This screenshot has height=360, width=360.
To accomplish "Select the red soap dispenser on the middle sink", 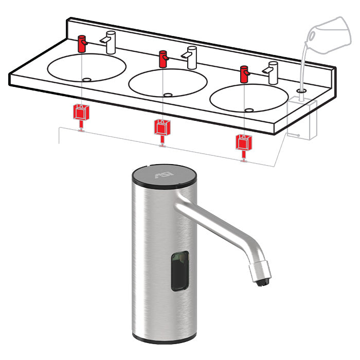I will (163, 59).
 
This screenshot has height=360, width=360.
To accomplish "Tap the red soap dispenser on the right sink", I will (244, 74).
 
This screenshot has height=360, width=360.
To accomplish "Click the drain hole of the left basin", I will (86, 80).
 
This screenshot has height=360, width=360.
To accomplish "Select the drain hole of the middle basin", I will (168, 95).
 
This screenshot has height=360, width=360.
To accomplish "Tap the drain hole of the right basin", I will (249, 110).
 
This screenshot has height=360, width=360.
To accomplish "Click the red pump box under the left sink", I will (80, 112).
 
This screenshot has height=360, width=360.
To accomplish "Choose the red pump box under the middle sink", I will (161, 127).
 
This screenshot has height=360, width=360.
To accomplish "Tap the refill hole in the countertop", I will (301, 91).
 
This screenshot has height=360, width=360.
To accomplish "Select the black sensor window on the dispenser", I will (180, 269).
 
